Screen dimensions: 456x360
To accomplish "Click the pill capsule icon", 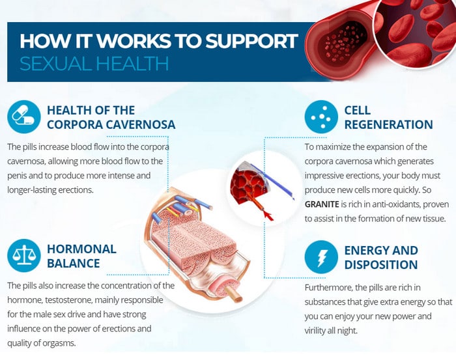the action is pyautogui.click(x=24, y=117).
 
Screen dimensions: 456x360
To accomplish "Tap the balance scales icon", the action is pyautogui.click(x=24, y=255).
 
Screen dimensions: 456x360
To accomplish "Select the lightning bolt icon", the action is pyautogui.click(x=321, y=257).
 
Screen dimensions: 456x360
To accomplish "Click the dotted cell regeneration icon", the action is pyautogui.click(x=321, y=117).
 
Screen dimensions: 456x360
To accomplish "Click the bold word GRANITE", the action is pyautogui.click(x=322, y=204).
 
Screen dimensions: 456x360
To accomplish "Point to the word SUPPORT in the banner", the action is pyautogui.click(x=252, y=40).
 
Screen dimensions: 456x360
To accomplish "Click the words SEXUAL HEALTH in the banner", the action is pyautogui.click(x=94, y=64).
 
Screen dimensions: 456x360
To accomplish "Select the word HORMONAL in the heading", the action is pyautogui.click(x=81, y=249).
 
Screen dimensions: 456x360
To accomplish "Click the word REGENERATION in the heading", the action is pyautogui.click(x=388, y=124).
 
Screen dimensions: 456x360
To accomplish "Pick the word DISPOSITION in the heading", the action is pyautogui.click(x=381, y=265).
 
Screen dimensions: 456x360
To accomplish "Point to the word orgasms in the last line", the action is pyautogui.click(x=59, y=343).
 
